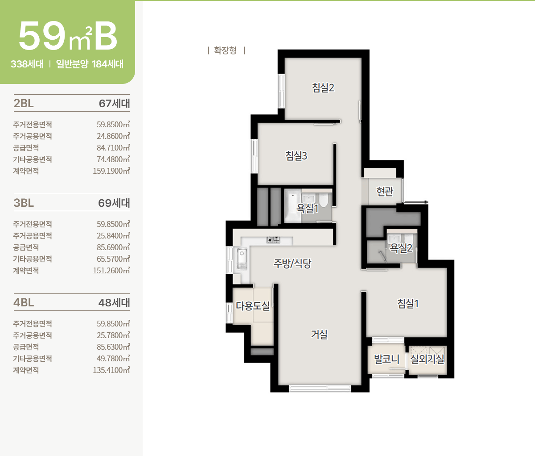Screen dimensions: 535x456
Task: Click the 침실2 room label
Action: click(x=323, y=88)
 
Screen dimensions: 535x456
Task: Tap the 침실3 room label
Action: click(x=296, y=156)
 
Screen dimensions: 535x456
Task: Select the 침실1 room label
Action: click(x=408, y=304)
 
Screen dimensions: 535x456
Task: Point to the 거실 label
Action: click(x=319, y=335)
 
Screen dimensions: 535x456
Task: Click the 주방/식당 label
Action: click(x=292, y=264)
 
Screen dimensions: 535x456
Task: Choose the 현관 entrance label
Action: click(x=385, y=191)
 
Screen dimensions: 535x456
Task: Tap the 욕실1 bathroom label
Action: click(x=307, y=209)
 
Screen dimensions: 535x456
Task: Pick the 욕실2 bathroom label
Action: click(x=401, y=248)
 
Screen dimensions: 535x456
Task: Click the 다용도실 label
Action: click(x=253, y=306)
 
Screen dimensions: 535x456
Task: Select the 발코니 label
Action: click(x=387, y=359)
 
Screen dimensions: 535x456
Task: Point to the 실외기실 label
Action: click(x=427, y=359)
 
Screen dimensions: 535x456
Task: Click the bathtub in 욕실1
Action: click(x=293, y=205)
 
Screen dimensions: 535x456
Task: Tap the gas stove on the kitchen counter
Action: click(x=273, y=240)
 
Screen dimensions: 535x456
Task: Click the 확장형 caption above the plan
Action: click(x=225, y=50)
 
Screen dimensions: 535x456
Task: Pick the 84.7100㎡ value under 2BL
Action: click(x=113, y=147)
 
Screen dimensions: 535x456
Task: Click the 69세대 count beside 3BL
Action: click(x=114, y=203)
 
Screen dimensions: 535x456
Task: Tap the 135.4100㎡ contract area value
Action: click(x=111, y=370)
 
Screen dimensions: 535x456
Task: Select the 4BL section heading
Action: click(x=24, y=302)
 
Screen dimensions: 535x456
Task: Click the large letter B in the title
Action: click(x=106, y=36)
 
